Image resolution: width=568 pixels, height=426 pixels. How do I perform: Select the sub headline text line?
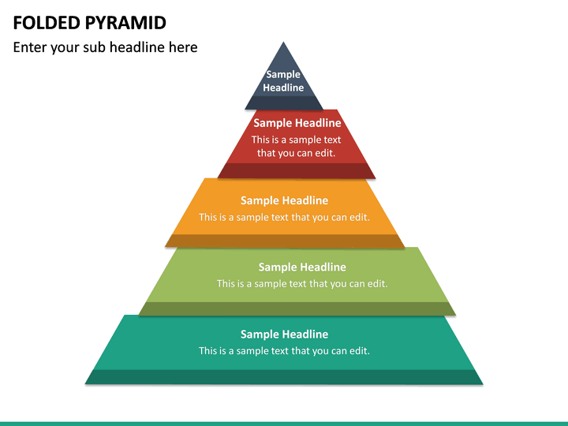click(105, 47)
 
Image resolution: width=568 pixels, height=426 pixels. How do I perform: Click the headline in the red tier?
click(297, 123)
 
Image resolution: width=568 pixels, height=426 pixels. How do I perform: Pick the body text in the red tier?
click(297, 146)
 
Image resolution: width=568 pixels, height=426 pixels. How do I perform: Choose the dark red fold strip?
click(297, 170)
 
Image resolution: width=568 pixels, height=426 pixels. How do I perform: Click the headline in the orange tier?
click(284, 200)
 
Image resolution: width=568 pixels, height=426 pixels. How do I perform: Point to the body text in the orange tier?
click(284, 217)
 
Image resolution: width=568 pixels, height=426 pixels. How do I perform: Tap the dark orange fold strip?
click(284, 241)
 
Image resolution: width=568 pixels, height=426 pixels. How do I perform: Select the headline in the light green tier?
click(302, 267)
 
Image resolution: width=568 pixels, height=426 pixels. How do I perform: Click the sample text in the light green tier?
click(302, 284)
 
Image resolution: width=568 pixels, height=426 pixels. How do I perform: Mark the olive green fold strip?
click(297, 308)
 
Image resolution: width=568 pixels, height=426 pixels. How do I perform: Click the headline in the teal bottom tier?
click(284, 334)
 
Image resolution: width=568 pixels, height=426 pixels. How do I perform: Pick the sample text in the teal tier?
click(284, 351)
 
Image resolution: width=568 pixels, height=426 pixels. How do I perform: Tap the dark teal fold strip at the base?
click(284, 377)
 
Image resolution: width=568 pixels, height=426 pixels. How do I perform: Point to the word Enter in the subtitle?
click(31, 47)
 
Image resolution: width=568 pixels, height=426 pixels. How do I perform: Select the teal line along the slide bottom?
click(284, 424)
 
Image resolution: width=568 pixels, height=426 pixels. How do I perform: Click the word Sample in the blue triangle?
click(283, 75)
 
